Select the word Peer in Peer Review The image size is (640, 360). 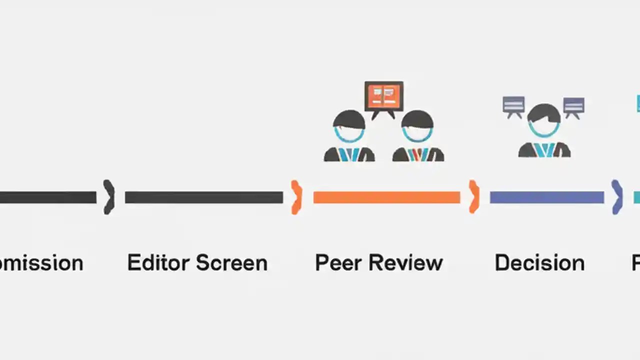(335, 263)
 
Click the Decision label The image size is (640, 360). (539, 263)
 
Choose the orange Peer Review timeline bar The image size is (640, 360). (386, 197)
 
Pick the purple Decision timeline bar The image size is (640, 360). (546, 197)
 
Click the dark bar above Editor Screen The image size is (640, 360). (203, 197)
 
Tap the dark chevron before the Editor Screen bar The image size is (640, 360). (109, 197)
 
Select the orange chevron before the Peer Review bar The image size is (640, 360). (296, 197)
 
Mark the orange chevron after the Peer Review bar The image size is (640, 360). (473, 197)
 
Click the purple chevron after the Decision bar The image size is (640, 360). (617, 197)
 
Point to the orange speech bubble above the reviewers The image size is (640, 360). (384, 96)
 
